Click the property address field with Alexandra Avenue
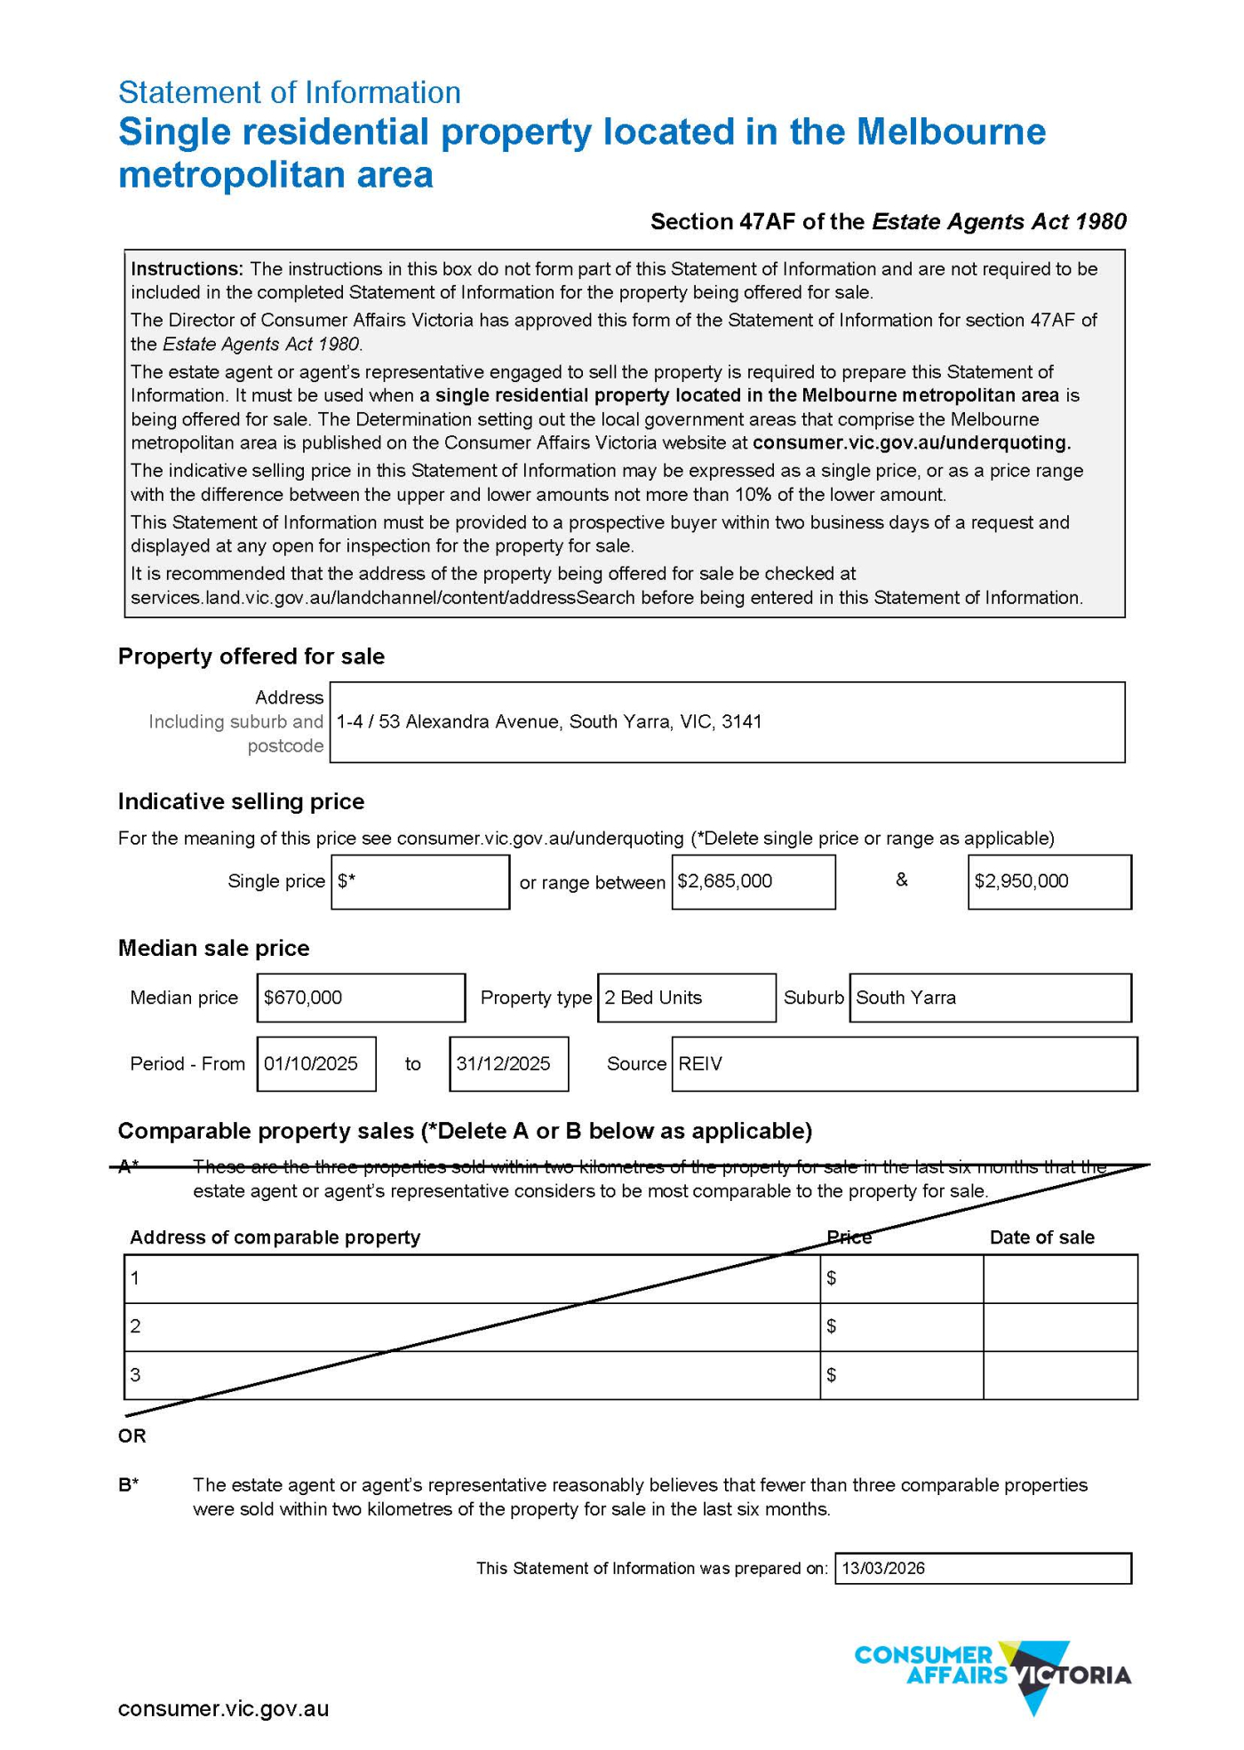point(726,721)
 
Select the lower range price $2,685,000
point(753,881)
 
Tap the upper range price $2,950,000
point(1049,881)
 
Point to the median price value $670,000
point(360,998)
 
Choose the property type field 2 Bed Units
point(686,998)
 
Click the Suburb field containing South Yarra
point(989,998)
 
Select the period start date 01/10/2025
point(315,1063)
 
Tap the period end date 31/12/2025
point(508,1063)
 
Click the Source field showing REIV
point(904,1063)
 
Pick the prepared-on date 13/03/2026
point(982,1568)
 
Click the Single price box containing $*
point(419,881)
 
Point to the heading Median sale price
point(213,948)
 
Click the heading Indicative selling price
point(241,801)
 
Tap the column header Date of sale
point(1041,1237)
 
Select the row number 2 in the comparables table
point(135,1326)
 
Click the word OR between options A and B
point(132,1436)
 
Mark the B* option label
point(129,1484)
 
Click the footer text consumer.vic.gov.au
point(223,1708)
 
